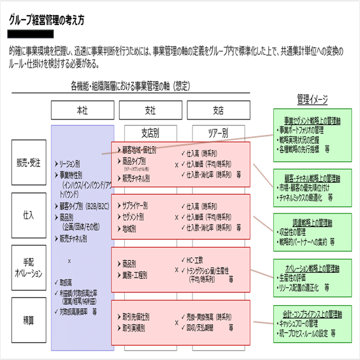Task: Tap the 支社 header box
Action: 150,110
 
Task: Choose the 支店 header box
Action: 218,110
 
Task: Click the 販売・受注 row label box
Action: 28,163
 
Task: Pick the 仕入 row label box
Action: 28,215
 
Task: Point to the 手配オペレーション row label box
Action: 28,264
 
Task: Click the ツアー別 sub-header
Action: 218,132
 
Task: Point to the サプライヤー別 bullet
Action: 135,205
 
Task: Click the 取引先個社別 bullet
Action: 136,317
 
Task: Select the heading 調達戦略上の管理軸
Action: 313,222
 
